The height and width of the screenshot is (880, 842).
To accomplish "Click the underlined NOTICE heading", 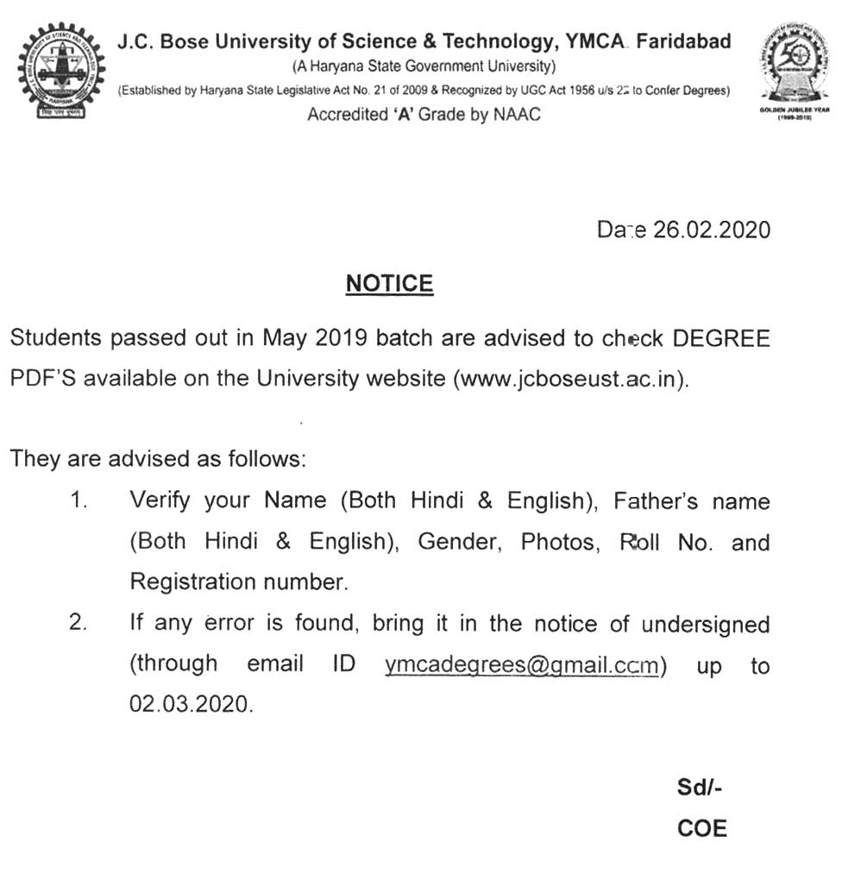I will [389, 283].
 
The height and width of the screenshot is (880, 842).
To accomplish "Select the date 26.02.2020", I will [711, 230].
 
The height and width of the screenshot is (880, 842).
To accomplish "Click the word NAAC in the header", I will [516, 115].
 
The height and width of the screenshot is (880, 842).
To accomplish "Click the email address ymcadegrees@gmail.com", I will [522, 665].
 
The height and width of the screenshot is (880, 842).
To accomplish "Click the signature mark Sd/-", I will [700, 788].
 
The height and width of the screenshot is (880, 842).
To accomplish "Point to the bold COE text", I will [701, 829].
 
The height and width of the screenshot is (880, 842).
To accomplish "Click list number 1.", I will [79, 500].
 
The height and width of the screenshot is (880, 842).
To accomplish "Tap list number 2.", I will [79, 624].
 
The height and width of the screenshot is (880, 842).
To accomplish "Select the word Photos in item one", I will [557, 542].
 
